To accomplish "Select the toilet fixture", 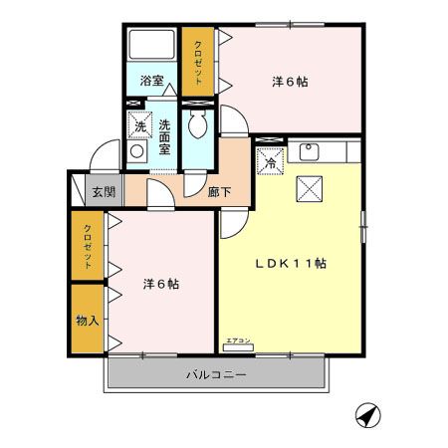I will coord(198,123).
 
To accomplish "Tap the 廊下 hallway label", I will coord(221,192).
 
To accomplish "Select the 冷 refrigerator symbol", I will coord(270,160).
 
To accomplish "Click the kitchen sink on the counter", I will coord(308,151).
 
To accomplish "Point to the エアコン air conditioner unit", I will coord(239,346).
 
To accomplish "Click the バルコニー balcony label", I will coord(216,375).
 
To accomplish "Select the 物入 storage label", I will coord(88,321).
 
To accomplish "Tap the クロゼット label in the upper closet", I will coord(197,61).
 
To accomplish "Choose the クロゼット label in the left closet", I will coord(88,247).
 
